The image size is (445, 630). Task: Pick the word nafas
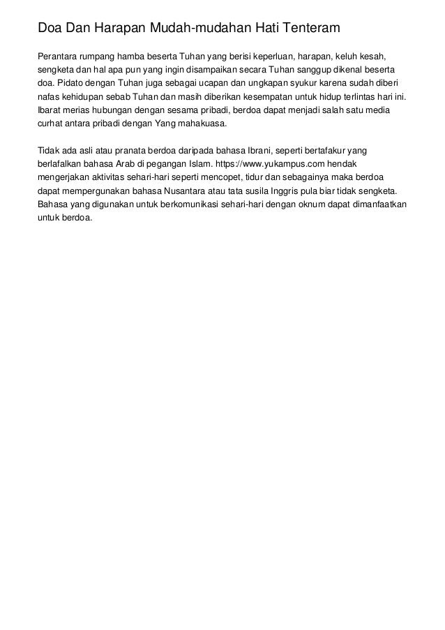47,105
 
